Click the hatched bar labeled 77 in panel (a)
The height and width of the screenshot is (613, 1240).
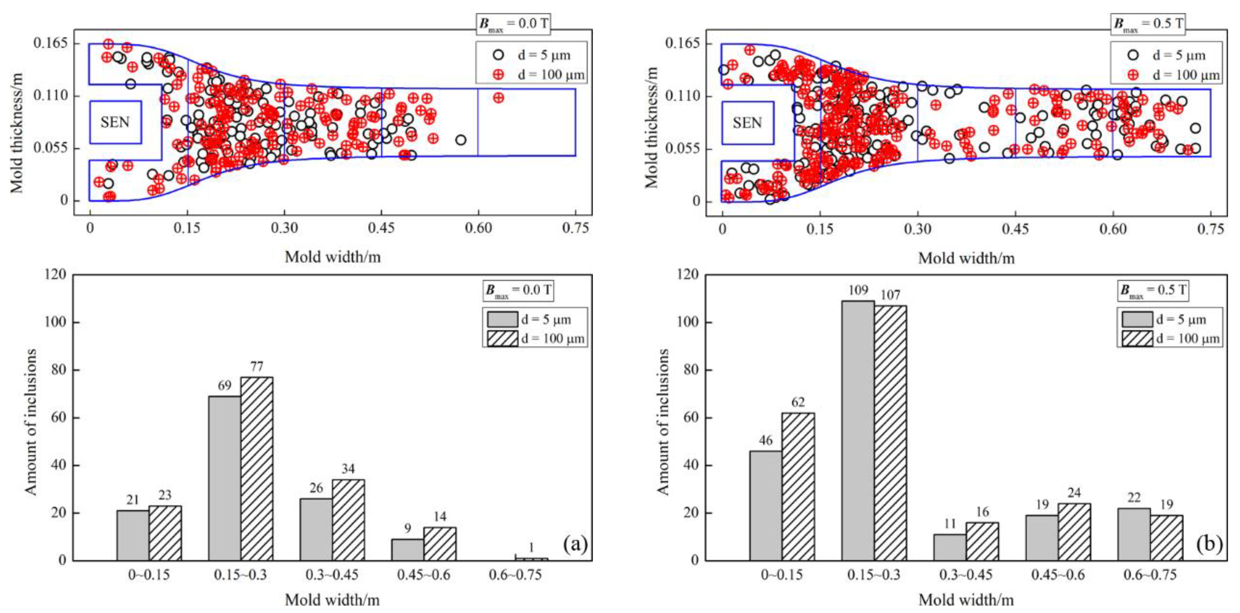pos(256,468)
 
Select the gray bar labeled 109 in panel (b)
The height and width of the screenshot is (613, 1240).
pos(858,430)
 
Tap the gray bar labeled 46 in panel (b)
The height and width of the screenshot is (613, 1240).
pos(765,505)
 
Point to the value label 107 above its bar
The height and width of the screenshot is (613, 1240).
pos(890,295)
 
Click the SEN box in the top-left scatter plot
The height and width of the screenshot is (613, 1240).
pos(115,122)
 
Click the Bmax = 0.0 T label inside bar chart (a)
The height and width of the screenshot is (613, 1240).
pos(518,290)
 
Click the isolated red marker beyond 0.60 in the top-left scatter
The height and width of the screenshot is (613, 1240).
pos(498,98)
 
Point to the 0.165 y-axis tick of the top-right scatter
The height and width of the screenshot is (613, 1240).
pos(683,43)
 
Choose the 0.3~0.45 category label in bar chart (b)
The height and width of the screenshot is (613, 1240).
pos(966,575)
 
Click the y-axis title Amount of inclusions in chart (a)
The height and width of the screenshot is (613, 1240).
pos(31,422)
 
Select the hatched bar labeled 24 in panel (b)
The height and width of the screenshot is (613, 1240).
pos(1074,532)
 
